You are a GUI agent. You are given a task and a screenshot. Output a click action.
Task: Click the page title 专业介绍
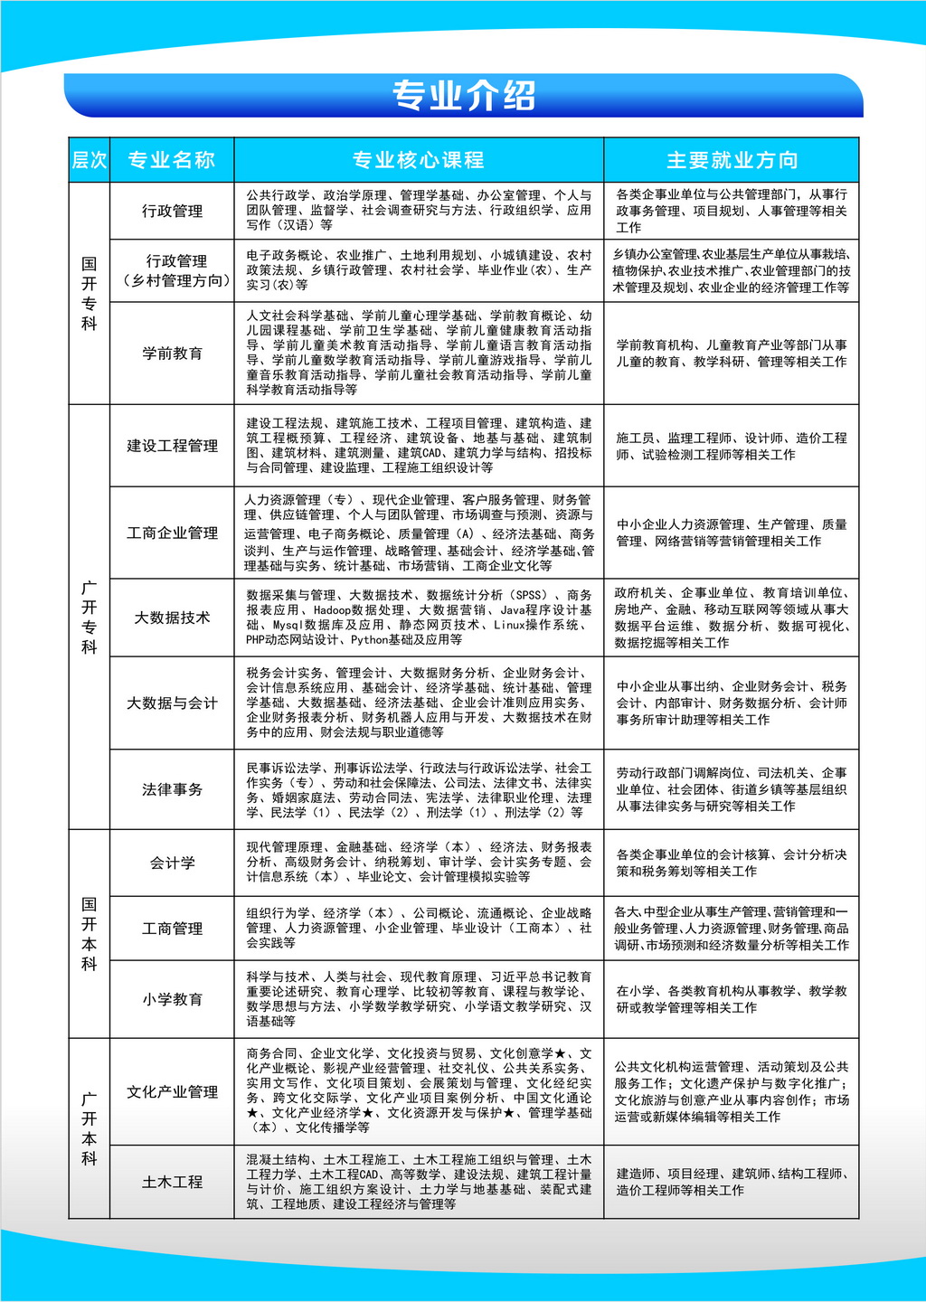pyautogui.click(x=463, y=96)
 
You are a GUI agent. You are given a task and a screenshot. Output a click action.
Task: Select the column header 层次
pyautogui.click(x=89, y=160)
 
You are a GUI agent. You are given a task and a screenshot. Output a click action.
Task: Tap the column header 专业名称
pyautogui.click(x=171, y=160)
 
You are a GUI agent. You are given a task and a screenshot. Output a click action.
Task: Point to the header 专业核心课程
pyautogui.click(x=418, y=160)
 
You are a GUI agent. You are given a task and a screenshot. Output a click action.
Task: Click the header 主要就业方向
pyautogui.click(x=732, y=160)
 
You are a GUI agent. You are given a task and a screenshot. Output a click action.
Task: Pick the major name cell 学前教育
pyautogui.click(x=172, y=353)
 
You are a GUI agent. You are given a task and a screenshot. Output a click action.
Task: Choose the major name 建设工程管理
pyautogui.click(x=172, y=446)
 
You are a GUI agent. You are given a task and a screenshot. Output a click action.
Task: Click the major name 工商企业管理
pyautogui.click(x=172, y=533)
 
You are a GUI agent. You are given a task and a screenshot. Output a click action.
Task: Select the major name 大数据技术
pyautogui.click(x=172, y=618)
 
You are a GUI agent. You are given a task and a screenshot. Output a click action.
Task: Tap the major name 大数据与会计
pyautogui.click(x=172, y=703)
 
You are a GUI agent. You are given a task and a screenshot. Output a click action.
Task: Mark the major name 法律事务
pyautogui.click(x=172, y=789)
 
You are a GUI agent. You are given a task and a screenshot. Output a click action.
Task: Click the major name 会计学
pyautogui.click(x=172, y=863)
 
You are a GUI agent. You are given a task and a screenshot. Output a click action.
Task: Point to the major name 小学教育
pyautogui.click(x=172, y=999)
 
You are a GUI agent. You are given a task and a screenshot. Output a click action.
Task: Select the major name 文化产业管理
pyautogui.click(x=172, y=1091)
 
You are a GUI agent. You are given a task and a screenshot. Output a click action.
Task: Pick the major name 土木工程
pyautogui.click(x=172, y=1182)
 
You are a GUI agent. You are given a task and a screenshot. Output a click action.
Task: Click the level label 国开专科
pyautogui.click(x=89, y=293)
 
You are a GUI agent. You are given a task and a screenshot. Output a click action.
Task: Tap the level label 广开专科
pyautogui.click(x=89, y=617)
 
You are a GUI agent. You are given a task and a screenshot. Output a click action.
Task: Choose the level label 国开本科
pyautogui.click(x=89, y=933)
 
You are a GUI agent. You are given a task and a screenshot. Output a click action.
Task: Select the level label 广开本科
pyautogui.click(x=89, y=1128)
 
